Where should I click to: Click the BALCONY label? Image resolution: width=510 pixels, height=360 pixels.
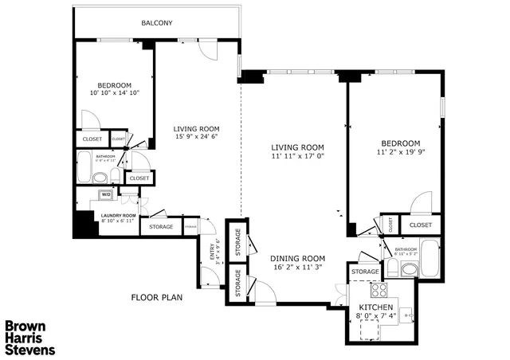tap(157, 23)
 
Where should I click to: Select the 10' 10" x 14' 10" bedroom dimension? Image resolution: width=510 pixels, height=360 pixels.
tap(113, 94)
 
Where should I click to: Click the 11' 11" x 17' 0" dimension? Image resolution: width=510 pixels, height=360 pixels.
tap(297, 156)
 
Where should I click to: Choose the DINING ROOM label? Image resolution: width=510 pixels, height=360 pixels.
tap(298, 258)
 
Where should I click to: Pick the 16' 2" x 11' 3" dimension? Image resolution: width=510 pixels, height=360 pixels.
tap(298, 268)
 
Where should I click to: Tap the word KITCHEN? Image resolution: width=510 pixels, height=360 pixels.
tap(375, 307)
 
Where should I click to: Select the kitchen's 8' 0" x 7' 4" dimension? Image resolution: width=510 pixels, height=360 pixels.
tap(375, 317)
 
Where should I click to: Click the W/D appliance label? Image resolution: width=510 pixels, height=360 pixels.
tap(105, 194)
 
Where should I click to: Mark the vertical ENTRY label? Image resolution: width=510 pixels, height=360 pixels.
tap(211, 252)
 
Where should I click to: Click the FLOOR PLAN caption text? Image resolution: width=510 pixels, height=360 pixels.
tap(157, 298)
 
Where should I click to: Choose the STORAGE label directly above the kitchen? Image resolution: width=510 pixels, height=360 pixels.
tap(365, 272)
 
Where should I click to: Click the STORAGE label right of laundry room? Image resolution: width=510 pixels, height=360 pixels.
tap(162, 227)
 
